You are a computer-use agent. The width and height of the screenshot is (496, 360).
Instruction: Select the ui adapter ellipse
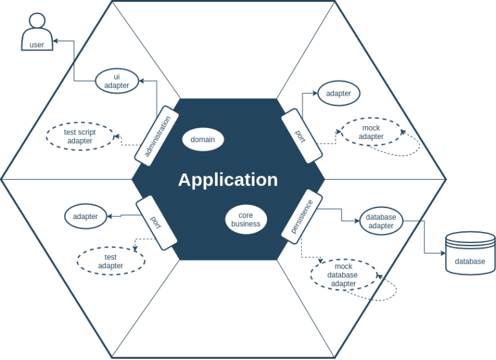pyautogui.click(x=117, y=81)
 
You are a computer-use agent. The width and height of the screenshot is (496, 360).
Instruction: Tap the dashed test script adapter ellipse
pyautogui.click(x=80, y=136)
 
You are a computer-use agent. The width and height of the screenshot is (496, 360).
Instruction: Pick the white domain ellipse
pyautogui.click(x=203, y=140)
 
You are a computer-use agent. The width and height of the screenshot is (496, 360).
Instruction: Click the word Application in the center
pyautogui.click(x=228, y=180)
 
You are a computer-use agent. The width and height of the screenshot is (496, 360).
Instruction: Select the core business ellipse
pyautogui.click(x=245, y=220)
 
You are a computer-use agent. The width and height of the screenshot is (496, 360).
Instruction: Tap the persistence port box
pyautogui.click(x=302, y=216)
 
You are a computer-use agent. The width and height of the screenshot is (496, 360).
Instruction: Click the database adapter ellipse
pyautogui.click(x=381, y=221)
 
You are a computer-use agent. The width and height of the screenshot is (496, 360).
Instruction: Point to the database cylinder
pyautogui.click(x=470, y=253)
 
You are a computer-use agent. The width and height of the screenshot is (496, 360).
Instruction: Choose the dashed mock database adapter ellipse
pyautogui.click(x=344, y=275)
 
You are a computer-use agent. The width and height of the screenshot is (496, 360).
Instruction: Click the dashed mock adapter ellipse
pyautogui.click(x=371, y=132)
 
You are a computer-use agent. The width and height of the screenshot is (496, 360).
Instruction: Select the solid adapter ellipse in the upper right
pyautogui.click(x=338, y=93)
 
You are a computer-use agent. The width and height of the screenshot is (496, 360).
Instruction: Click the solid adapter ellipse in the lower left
pyautogui.click(x=85, y=217)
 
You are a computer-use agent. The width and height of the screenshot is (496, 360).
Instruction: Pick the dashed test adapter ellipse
pyautogui.click(x=110, y=261)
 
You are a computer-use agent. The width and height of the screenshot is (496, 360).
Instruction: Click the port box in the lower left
pyautogui.click(x=156, y=222)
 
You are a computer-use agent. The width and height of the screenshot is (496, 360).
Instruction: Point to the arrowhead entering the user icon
pyautogui.click(x=56, y=41)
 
